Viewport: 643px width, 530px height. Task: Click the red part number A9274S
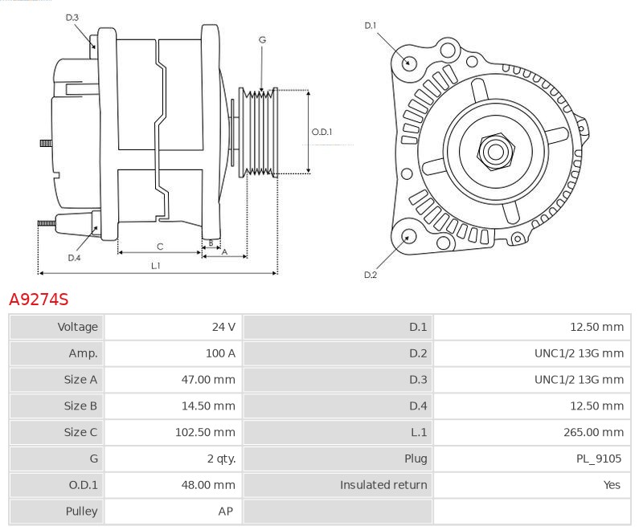point(39,300)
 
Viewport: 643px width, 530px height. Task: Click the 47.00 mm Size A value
point(208,380)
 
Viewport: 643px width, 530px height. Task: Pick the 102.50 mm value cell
point(205,432)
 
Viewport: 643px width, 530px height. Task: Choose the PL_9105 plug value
point(600,459)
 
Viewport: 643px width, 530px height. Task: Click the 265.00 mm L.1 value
point(593,432)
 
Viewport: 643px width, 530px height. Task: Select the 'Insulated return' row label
point(383,485)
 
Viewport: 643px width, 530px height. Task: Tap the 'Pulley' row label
point(81,511)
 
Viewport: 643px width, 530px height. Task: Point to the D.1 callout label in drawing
point(371,26)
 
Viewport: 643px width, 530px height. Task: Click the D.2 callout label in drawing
point(371,275)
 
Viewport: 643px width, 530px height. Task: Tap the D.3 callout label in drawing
point(72,17)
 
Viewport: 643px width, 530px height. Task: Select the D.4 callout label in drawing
point(74,258)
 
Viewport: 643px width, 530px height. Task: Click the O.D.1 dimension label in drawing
point(321,132)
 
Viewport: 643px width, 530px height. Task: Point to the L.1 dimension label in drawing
point(156,265)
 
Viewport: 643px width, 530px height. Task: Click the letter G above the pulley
point(263,39)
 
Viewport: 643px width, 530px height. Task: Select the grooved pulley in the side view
point(260,132)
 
